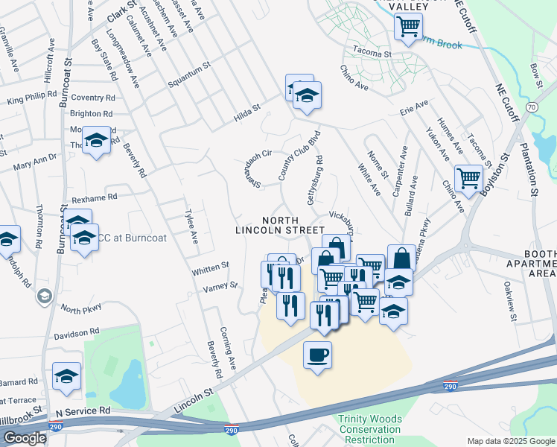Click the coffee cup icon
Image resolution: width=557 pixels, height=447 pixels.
[318, 354]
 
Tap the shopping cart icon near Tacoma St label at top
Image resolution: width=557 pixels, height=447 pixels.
[408, 27]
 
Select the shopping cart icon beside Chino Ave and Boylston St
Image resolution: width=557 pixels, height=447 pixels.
[468, 178]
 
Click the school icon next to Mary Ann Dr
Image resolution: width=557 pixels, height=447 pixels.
[96, 140]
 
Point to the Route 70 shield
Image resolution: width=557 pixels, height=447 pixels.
[530, 107]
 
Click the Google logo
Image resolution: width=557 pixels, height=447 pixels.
[25, 438]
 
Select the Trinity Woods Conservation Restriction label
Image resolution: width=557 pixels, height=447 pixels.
[370, 429]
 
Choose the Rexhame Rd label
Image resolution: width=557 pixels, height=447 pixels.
[95, 197]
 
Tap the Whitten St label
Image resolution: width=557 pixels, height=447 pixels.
[209, 268]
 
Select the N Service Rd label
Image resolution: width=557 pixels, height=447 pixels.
[83, 410]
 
